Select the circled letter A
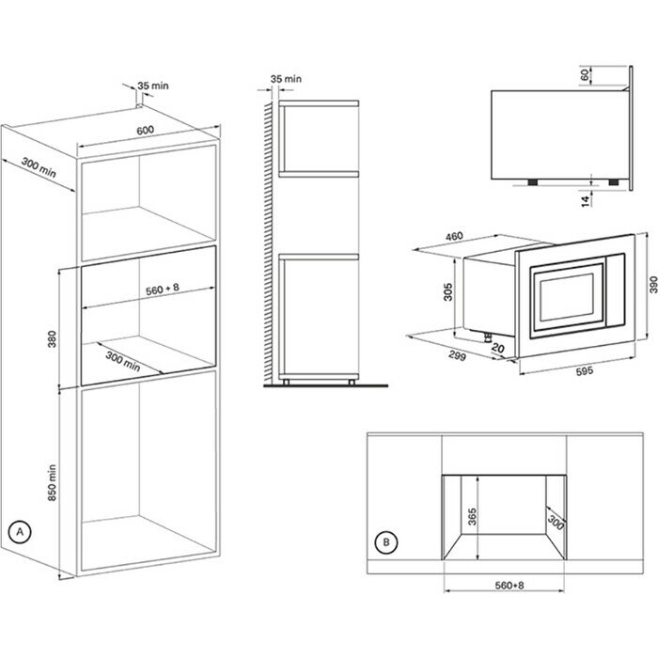point(20,531)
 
